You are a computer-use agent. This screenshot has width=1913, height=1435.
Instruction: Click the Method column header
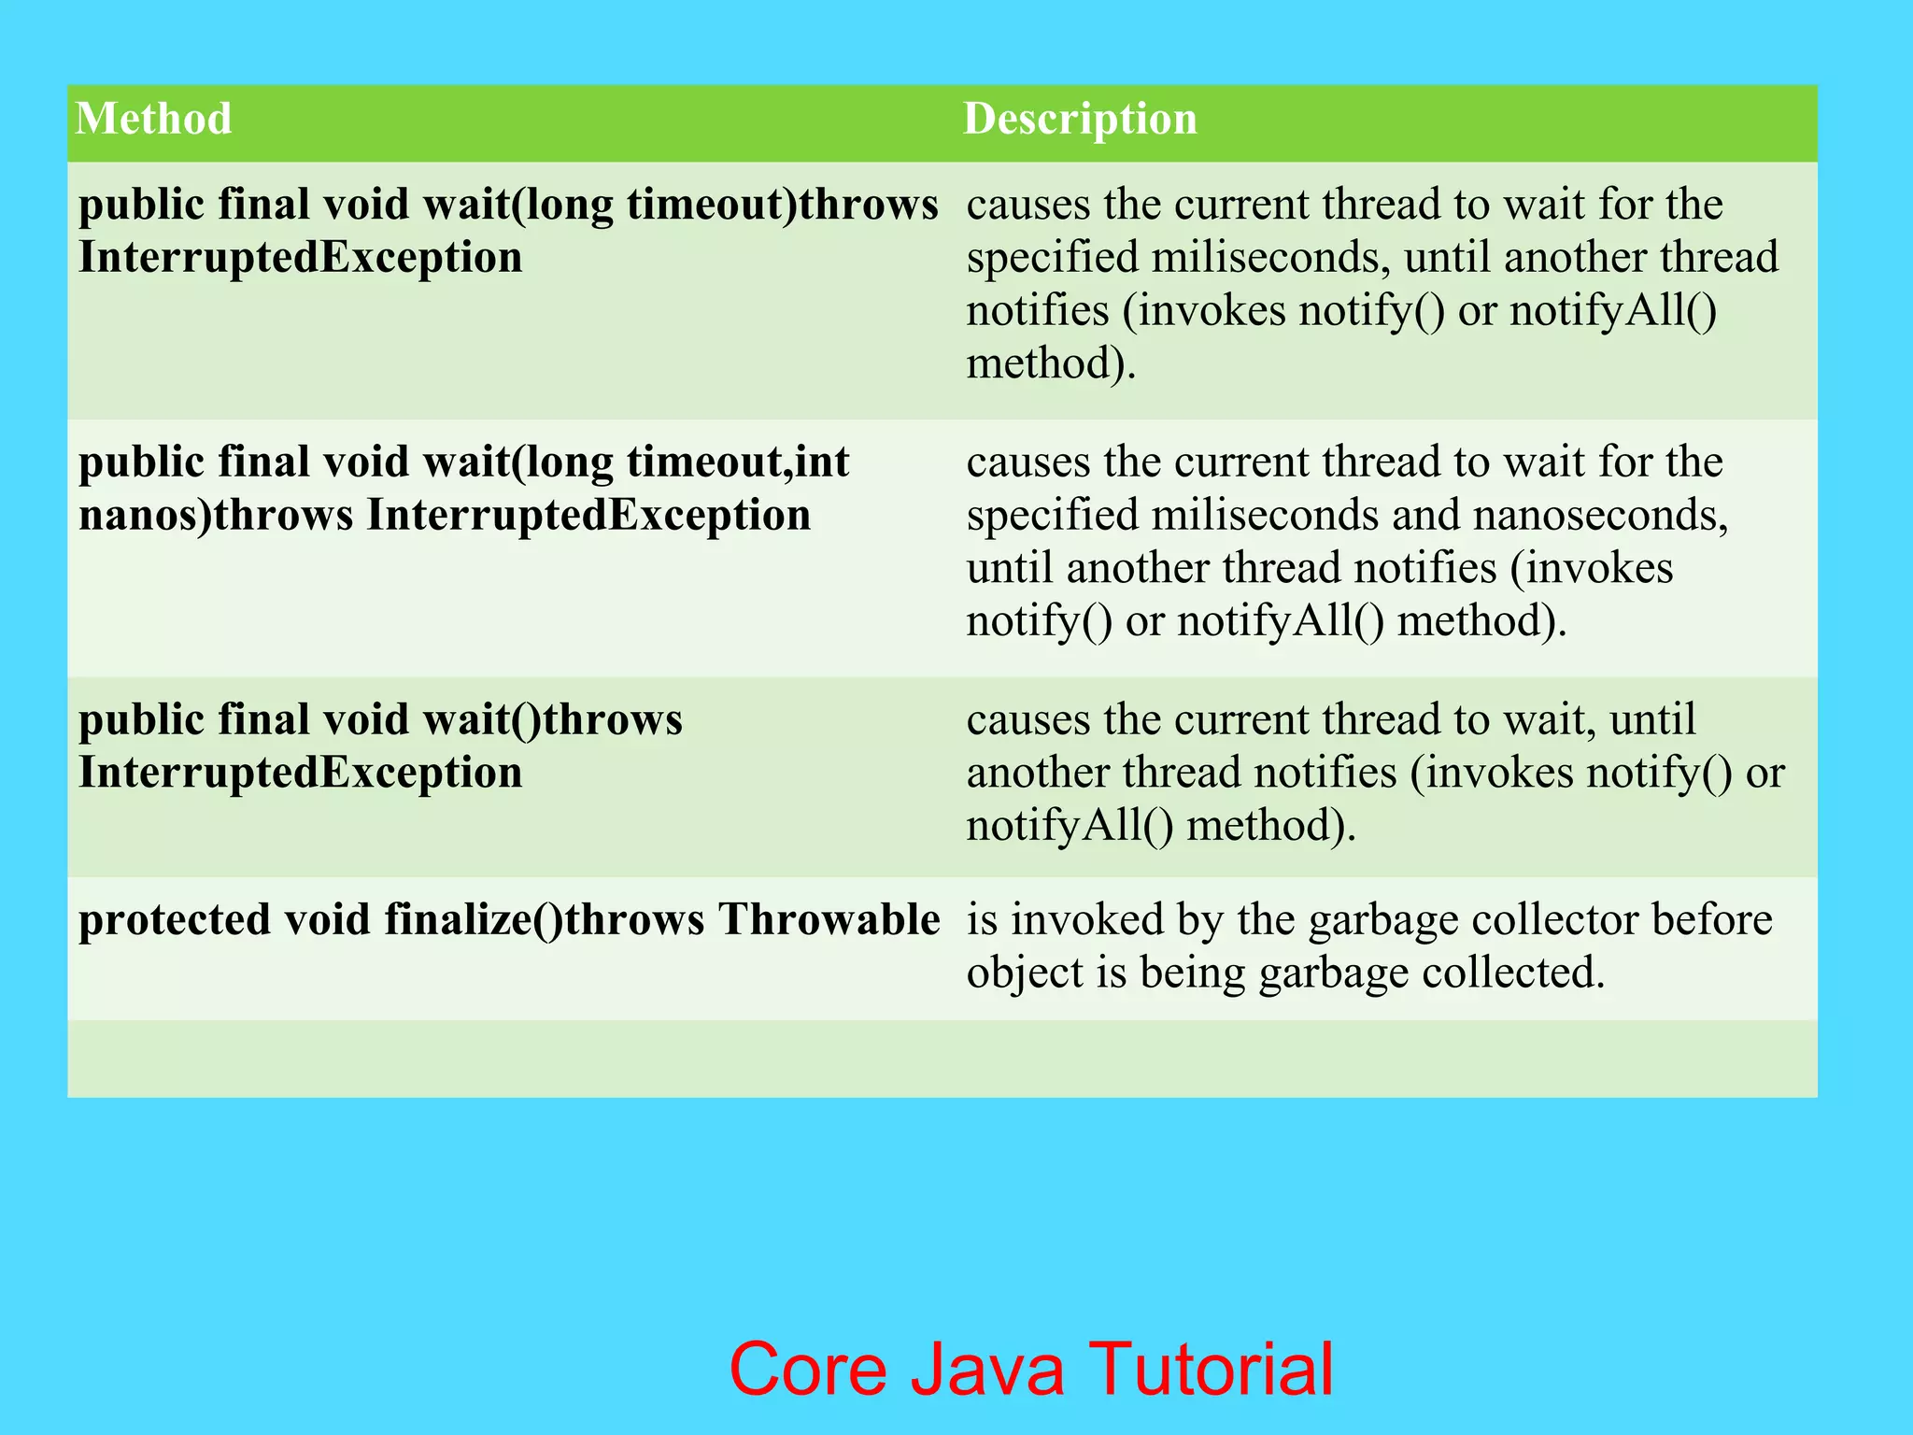(154, 119)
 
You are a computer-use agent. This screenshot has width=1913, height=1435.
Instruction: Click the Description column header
(1080, 119)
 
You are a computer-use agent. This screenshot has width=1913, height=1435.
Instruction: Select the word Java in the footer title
(987, 1369)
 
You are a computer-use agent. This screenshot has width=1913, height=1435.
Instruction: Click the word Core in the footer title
(808, 1369)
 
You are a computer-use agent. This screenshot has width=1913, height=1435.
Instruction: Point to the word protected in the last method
(175, 920)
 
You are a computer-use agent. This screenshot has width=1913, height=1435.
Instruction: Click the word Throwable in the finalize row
(829, 919)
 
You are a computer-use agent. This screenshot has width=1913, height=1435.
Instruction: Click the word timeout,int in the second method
(738, 462)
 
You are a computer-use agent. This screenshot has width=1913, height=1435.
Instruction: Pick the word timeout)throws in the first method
(783, 205)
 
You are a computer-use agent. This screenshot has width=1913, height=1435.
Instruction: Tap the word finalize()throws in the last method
(545, 920)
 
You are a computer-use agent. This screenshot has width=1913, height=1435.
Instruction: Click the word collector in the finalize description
(1555, 919)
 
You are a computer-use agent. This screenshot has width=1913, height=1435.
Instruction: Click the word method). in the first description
(1051, 363)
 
